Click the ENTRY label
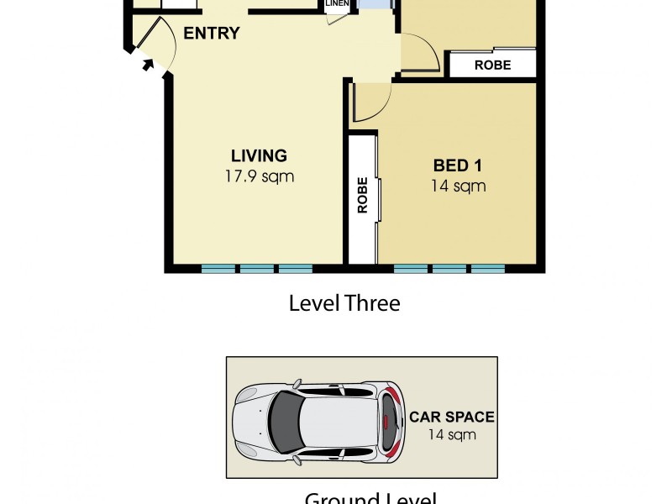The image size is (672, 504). pos(212,34)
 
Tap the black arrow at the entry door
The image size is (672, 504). pos(150,64)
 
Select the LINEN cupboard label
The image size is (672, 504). pos(337,4)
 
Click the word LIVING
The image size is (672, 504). pos(259,155)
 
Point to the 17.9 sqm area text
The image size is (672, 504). pos(259,176)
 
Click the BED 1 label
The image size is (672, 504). pos(458,165)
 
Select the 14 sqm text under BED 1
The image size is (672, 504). pos(458,186)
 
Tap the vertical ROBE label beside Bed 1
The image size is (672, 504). pos(363,196)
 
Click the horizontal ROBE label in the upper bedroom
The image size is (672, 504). pos(492,66)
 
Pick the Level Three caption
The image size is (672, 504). pos(344,303)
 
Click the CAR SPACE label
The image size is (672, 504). pos(452,417)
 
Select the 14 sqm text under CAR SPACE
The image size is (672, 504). pos(452,434)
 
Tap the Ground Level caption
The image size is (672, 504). pos(370,498)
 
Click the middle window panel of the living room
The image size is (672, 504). pos(257,269)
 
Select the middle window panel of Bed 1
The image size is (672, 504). pos(449,269)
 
